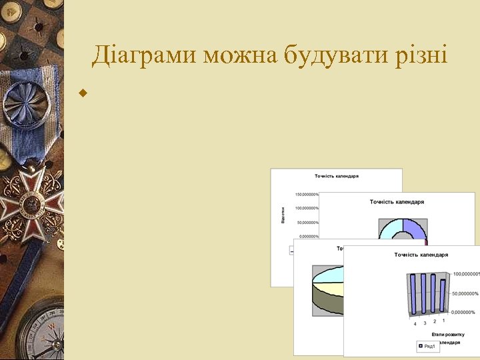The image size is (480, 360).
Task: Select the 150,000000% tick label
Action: pos(306,194)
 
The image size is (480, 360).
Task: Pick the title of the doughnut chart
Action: pos(397,201)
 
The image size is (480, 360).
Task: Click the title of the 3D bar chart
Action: pos(421,255)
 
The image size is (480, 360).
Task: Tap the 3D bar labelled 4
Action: pos(415,293)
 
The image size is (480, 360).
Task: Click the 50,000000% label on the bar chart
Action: pos(465,293)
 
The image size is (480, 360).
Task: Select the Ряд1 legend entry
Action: pos(427,346)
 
